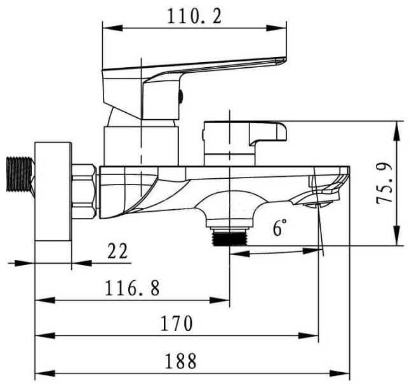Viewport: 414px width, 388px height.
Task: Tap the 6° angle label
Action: pos(280,228)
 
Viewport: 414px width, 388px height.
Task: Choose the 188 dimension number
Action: pos(180,361)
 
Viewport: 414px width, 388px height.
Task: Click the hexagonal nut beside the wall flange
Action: pos(84,193)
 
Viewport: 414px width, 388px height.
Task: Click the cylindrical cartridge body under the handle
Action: pos(142,143)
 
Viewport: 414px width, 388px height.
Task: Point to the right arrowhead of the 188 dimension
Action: pos(346,373)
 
